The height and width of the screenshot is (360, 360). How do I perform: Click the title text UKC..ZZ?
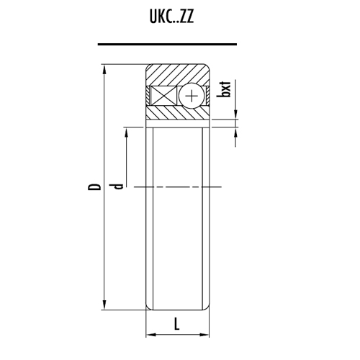[x=171, y=17]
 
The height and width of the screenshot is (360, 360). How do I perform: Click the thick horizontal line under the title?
[x=167, y=44]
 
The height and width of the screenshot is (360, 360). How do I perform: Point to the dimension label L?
[x=176, y=323]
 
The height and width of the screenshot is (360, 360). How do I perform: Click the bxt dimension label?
[x=224, y=89]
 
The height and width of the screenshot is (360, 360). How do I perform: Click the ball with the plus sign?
[x=192, y=96]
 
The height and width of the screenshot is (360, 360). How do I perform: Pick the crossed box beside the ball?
[x=163, y=96]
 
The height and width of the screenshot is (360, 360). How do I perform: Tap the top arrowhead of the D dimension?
[x=104, y=70]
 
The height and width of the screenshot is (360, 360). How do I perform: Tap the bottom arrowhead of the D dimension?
[x=104, y=305]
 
